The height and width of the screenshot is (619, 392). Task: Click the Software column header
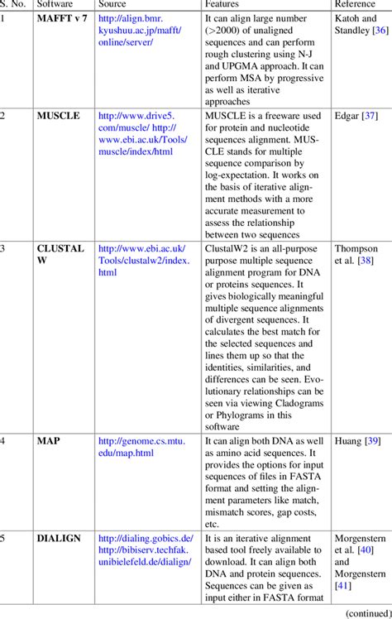55,4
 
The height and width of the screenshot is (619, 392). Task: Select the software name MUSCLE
58,116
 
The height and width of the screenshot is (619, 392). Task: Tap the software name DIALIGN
60,538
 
